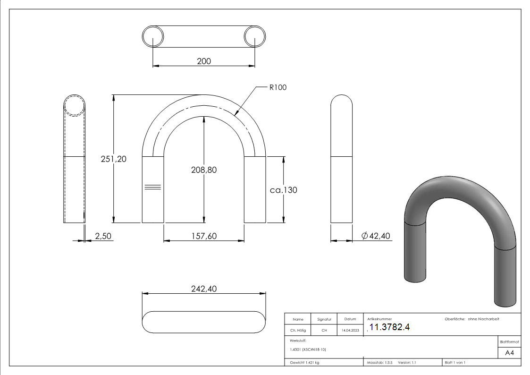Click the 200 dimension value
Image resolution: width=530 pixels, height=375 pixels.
pos(203,61)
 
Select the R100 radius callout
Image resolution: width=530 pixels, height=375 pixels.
pos(278,87)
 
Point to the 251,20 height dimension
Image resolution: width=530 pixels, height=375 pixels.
pos(113,159)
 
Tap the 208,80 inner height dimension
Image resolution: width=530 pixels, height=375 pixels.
pos(203,170)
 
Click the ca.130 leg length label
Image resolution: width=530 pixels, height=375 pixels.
pos(283,190)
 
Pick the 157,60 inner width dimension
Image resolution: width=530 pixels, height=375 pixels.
pos(203,236)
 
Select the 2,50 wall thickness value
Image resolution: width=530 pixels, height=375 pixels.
pos(103,236)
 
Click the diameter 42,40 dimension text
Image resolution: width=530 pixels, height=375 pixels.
pos(376,236)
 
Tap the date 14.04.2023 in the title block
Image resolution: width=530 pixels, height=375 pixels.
pos(350,331)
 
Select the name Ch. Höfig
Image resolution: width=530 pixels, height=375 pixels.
pos(298,331)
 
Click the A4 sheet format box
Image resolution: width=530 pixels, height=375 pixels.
pos(509,353)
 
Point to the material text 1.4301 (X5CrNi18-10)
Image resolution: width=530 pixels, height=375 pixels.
pos(308,349)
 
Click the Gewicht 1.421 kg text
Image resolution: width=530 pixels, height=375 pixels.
pos(305,362)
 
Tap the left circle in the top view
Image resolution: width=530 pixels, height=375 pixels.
pos(153,36)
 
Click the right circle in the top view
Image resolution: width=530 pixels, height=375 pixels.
pos(255,36)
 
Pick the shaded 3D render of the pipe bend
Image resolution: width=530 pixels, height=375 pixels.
pos(460,236)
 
